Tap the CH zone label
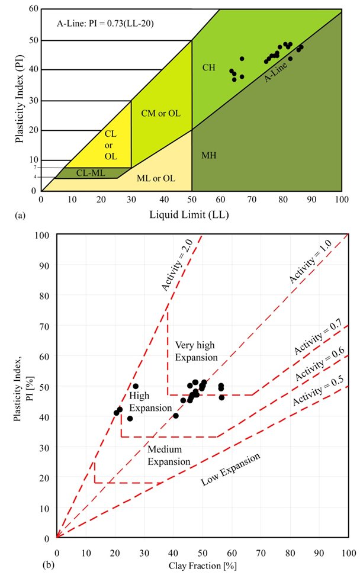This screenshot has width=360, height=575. point(208,68)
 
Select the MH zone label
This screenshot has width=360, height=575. point(208,155)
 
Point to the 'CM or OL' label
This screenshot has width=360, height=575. point(160,113)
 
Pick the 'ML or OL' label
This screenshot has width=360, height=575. point(156,178)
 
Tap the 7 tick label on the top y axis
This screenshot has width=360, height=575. point(35,168)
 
